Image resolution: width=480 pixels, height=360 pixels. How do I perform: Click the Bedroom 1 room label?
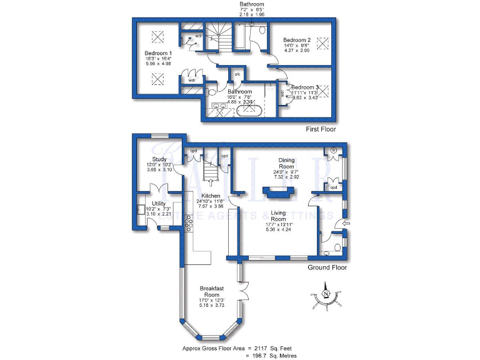point(158,52)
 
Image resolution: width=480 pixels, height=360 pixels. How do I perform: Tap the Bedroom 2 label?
point(296,39)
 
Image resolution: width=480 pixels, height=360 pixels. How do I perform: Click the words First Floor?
point(321,129)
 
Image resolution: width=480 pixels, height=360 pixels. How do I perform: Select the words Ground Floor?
point(327,267)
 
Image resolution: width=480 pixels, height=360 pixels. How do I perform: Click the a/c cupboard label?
point(237,74)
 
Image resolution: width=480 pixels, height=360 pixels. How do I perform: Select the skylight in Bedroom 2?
point(323,43)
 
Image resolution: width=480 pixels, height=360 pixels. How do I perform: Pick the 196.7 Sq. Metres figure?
point(276,355)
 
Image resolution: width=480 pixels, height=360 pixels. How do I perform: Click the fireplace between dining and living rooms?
point(277,194)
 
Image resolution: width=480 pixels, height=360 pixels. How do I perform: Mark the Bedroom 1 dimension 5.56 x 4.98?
point(158,64)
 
